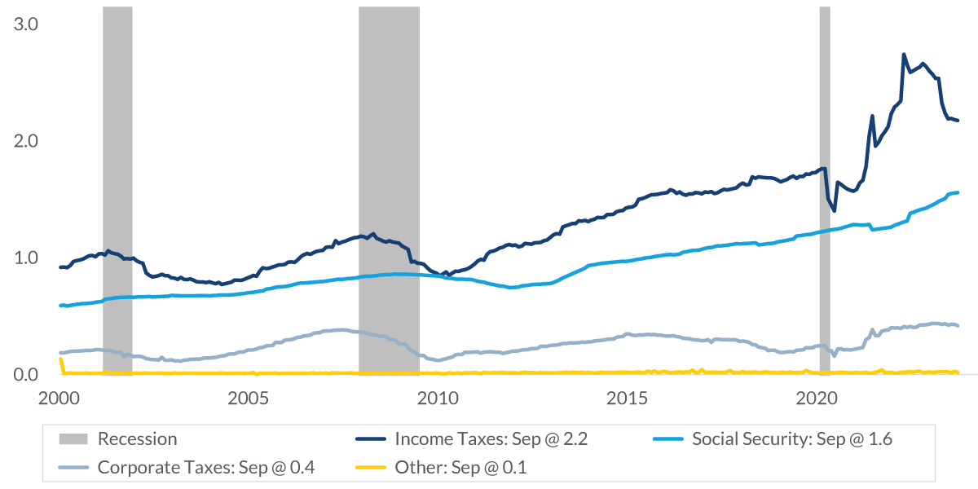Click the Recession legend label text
[x=137, y=439]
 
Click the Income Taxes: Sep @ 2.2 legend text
[x=491, y=439]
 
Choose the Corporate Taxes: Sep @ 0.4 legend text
[x=206, y=468]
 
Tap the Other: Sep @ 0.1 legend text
[x=462, y=468]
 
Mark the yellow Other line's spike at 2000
[x=60, y=359]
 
